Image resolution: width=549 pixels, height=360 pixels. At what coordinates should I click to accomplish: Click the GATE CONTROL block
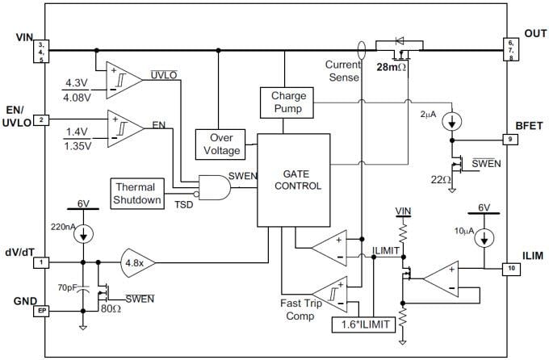tap(293, 180)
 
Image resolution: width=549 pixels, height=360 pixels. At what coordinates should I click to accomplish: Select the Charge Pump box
tap(283, 103)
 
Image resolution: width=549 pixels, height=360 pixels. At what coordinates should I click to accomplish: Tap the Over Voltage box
tap(220, 143)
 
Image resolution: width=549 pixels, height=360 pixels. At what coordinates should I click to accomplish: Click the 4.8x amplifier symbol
tap(138, 262)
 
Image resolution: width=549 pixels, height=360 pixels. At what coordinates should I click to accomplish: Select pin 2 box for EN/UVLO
tap(42, 119)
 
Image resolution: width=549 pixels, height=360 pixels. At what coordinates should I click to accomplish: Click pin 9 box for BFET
tap(509, 139)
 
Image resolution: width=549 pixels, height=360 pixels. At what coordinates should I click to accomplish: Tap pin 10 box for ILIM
tap(509, 269)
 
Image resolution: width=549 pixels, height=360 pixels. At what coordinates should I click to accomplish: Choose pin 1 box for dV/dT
tap(42, 262)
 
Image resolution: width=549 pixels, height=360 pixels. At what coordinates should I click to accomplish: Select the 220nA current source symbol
tap(84, 232)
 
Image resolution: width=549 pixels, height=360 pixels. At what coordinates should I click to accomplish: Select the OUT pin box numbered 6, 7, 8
tap(509, 48)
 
